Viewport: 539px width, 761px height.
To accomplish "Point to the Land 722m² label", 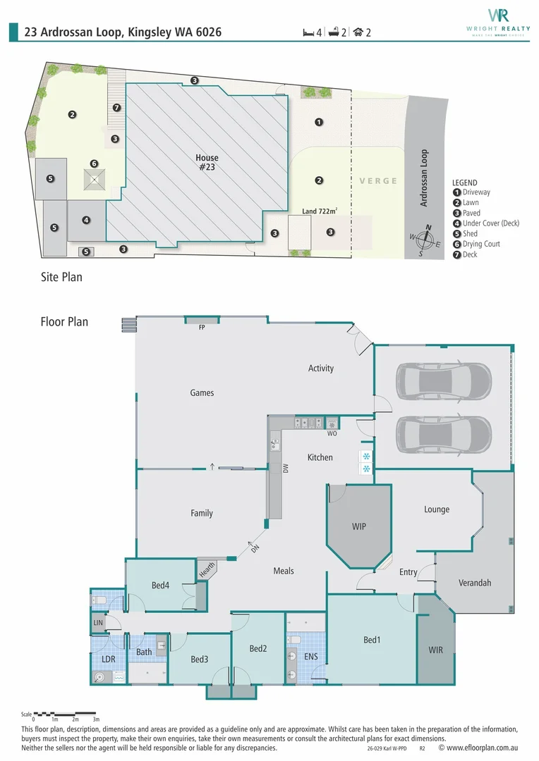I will coord(319,211).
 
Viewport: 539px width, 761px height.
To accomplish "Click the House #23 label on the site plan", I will coord(207,163).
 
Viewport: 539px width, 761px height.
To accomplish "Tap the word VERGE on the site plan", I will coord(378,180).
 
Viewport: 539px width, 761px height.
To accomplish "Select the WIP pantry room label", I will coord(359,526).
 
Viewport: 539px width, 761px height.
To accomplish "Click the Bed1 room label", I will coord(372,640).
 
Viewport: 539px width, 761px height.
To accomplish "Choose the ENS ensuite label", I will coord(311,657).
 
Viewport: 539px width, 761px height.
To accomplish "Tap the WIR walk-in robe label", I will coord(435,650).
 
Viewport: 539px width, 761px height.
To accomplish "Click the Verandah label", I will coord(475,583).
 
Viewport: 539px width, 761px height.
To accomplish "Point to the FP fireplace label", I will coord(202,327).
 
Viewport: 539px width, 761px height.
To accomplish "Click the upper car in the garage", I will coord(443,380).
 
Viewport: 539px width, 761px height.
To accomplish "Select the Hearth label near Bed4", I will coord(207,570).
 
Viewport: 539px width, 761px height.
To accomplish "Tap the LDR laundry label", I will coord(109,659).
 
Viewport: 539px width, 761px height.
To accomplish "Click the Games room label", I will coord(202,392).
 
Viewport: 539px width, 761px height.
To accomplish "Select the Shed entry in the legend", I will coord(470,233).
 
